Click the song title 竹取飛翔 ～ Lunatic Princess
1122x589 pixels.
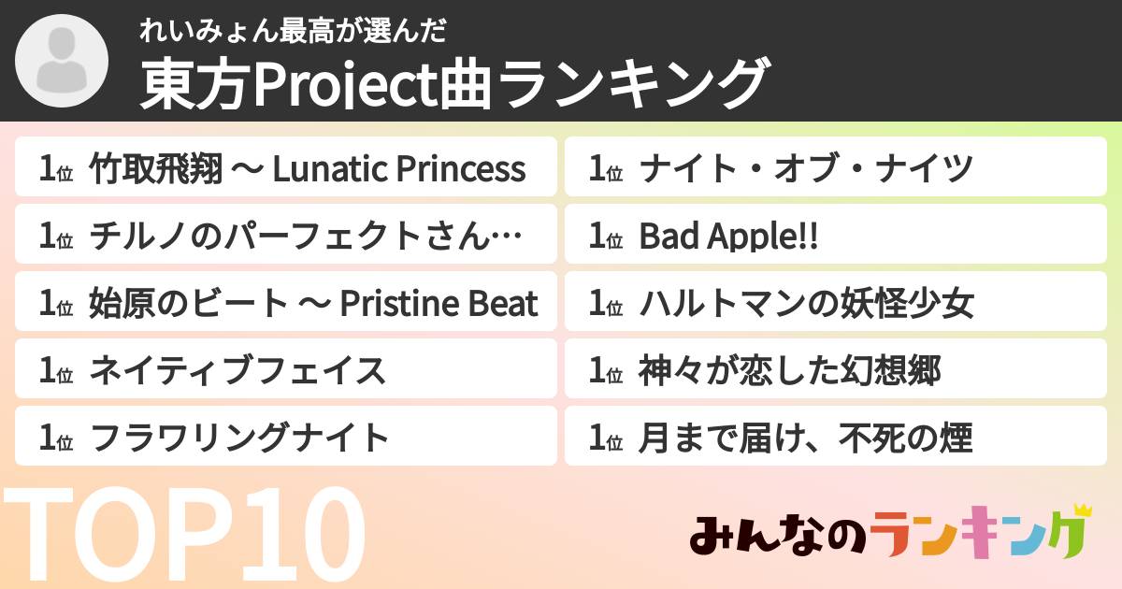tap(307, 169)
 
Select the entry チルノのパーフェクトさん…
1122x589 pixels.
tap(305, 237)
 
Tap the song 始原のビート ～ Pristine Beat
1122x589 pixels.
tap(313, 304)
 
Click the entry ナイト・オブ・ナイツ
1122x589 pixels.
tap(807, 169)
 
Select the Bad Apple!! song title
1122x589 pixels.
tap(728, 237)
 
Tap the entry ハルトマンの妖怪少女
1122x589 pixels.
tap(807, 304)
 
